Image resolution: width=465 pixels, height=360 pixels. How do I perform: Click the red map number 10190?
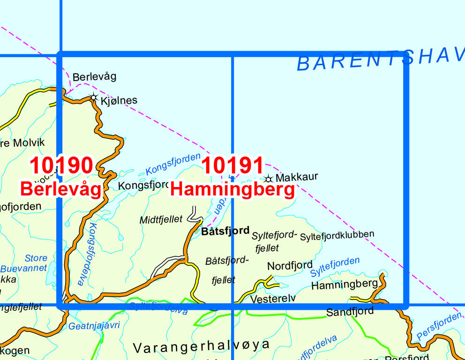point(61,165)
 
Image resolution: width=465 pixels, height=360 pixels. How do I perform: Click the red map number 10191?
point(232,165)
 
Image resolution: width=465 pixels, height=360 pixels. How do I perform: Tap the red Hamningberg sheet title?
point(232,189)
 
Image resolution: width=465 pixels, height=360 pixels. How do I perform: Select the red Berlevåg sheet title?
point(60,189)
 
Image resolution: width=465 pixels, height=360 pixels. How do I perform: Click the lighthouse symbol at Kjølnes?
point(94,98)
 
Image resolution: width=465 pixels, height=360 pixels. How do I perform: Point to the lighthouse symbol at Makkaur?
point(269,179)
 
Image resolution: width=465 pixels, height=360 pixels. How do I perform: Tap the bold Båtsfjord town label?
point(225,231)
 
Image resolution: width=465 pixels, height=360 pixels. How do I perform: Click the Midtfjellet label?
point(161,219)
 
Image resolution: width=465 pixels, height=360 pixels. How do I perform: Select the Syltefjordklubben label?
point(337,234)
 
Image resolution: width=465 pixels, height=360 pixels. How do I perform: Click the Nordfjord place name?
point(290,266)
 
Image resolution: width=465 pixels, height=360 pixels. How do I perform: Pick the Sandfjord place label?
point(350,311)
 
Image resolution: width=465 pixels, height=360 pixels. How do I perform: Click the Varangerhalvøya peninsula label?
point(202,346)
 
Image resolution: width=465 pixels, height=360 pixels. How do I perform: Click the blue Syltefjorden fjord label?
point(335,266)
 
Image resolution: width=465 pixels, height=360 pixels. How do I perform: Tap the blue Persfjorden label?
point(439,325)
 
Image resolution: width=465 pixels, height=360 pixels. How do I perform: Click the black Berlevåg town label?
point(94,76)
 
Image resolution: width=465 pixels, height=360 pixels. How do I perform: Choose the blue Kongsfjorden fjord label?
point(172,164)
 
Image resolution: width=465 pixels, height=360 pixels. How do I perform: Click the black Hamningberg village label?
point(344,284)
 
